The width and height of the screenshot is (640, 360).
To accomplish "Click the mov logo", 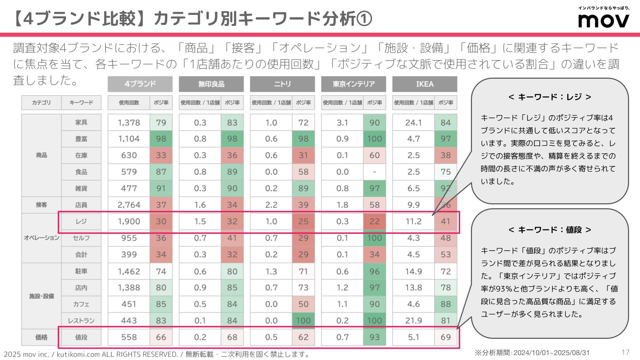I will (603, 20).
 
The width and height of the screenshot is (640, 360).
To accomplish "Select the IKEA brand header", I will (424, 84).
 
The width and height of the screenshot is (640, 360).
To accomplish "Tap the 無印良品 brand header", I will (211, 84).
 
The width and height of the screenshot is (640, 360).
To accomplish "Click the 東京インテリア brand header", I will (353, 84).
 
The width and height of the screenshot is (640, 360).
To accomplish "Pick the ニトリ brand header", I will (282, 84).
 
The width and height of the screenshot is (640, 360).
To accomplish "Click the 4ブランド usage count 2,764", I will (129, 205).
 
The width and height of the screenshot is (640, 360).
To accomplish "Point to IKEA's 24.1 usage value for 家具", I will (413, 122).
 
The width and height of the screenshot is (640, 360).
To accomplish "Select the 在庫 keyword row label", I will (81, 155).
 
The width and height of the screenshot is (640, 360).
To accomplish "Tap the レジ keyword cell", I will (81, 221).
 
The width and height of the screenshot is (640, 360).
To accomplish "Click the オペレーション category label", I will (41, 238).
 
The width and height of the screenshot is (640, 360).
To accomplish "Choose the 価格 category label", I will (41, 337).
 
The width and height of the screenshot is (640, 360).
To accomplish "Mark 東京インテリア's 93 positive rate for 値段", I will (374, 337).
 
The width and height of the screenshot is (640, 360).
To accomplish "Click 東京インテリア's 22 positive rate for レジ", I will (374, 221).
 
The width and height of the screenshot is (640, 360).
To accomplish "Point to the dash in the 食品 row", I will (374, 172).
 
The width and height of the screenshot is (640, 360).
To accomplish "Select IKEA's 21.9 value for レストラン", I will (413, 320).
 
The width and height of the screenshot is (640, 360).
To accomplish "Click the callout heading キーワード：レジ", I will (550, 97).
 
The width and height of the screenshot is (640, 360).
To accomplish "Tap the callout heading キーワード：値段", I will (550, 230).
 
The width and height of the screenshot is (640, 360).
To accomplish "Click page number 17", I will (625, 352).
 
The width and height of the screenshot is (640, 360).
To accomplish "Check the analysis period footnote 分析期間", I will (532, 353).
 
